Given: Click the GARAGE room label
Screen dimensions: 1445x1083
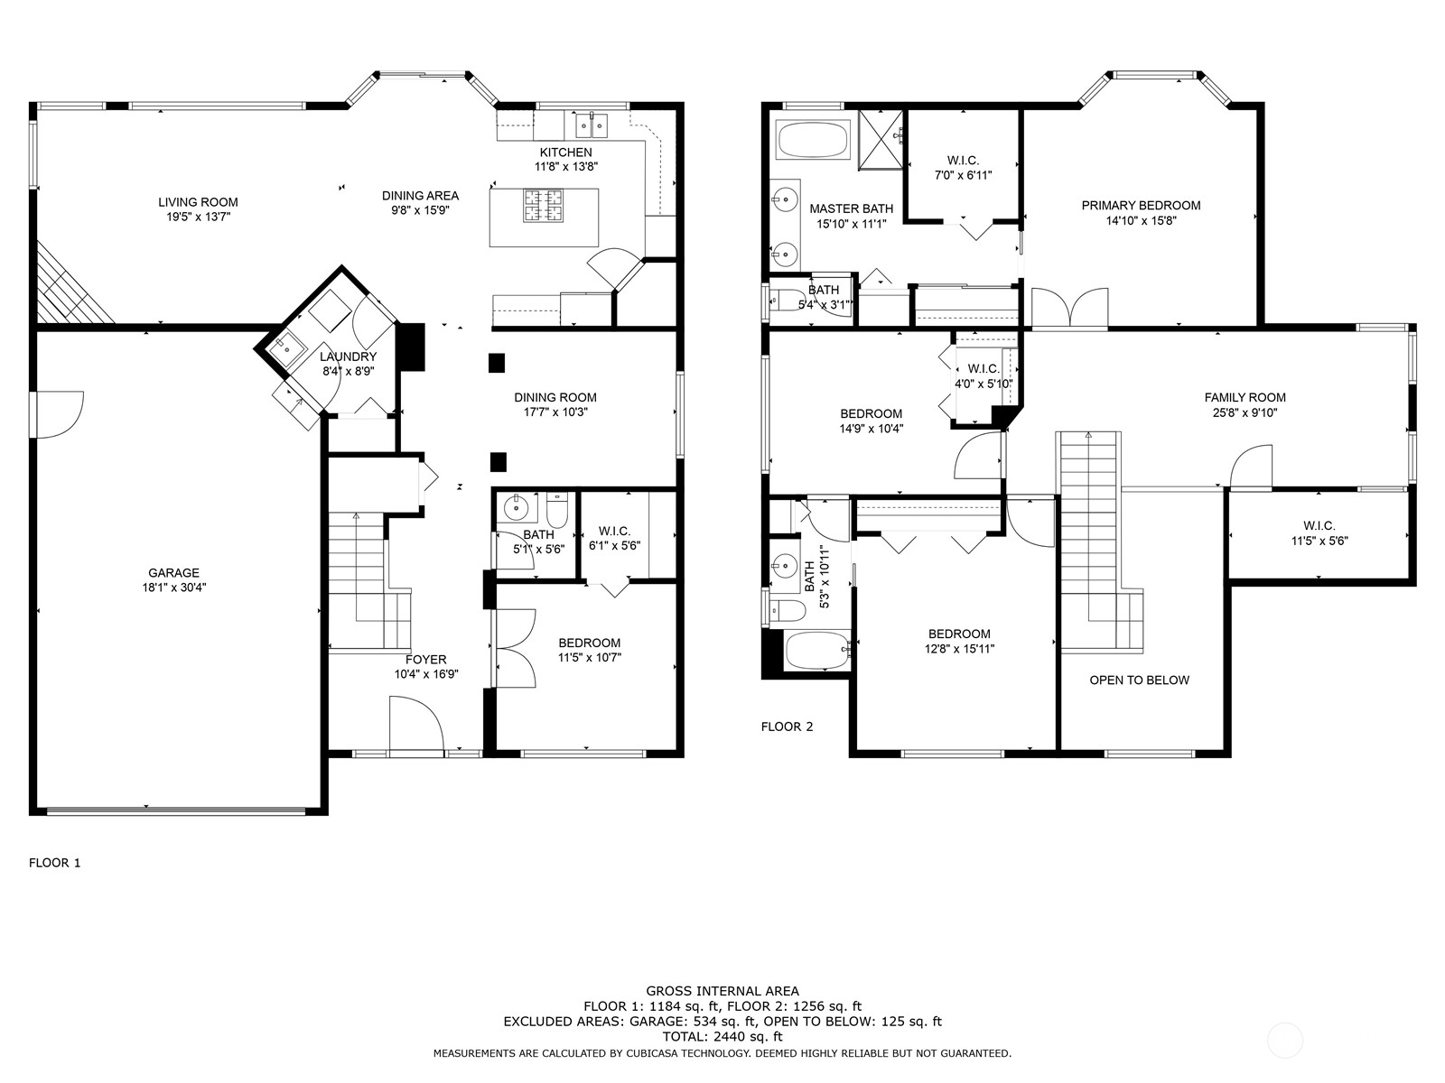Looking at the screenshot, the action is (x=173, y=573).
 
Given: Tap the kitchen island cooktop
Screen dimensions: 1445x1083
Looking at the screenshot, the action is (x=544, y=206).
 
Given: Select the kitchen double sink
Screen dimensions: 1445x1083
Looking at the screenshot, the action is (x=591, y=125).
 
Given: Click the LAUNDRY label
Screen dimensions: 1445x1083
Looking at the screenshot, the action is (x=349, y=356).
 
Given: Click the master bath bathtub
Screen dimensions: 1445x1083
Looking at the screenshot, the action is (x=816, y=139).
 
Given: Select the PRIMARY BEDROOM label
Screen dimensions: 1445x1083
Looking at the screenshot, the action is (x=1141, y=206).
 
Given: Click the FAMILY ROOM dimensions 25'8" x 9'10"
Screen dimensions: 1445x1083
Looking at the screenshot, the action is (x=1245, y=413).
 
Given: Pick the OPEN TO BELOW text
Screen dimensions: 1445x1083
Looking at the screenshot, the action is (x=1140, y=680).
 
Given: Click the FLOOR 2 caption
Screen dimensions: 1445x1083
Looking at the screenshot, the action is (x=788, y=727).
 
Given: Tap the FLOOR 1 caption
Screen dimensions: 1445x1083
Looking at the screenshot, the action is (x=55, y=863).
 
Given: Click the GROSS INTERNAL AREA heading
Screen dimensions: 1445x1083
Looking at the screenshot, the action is (x=722, y=990).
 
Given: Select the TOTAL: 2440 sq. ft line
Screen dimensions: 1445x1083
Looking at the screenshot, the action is (x=722, y=1037).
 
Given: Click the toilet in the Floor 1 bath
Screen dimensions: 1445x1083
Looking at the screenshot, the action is (x=557, y=510).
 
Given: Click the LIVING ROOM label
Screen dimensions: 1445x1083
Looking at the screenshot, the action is (x=198, y=202).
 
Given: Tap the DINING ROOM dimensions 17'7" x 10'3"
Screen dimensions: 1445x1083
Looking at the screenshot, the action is (x=555, y=412).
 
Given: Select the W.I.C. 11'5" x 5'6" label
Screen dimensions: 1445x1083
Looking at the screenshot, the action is (x=1319, y=533).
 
